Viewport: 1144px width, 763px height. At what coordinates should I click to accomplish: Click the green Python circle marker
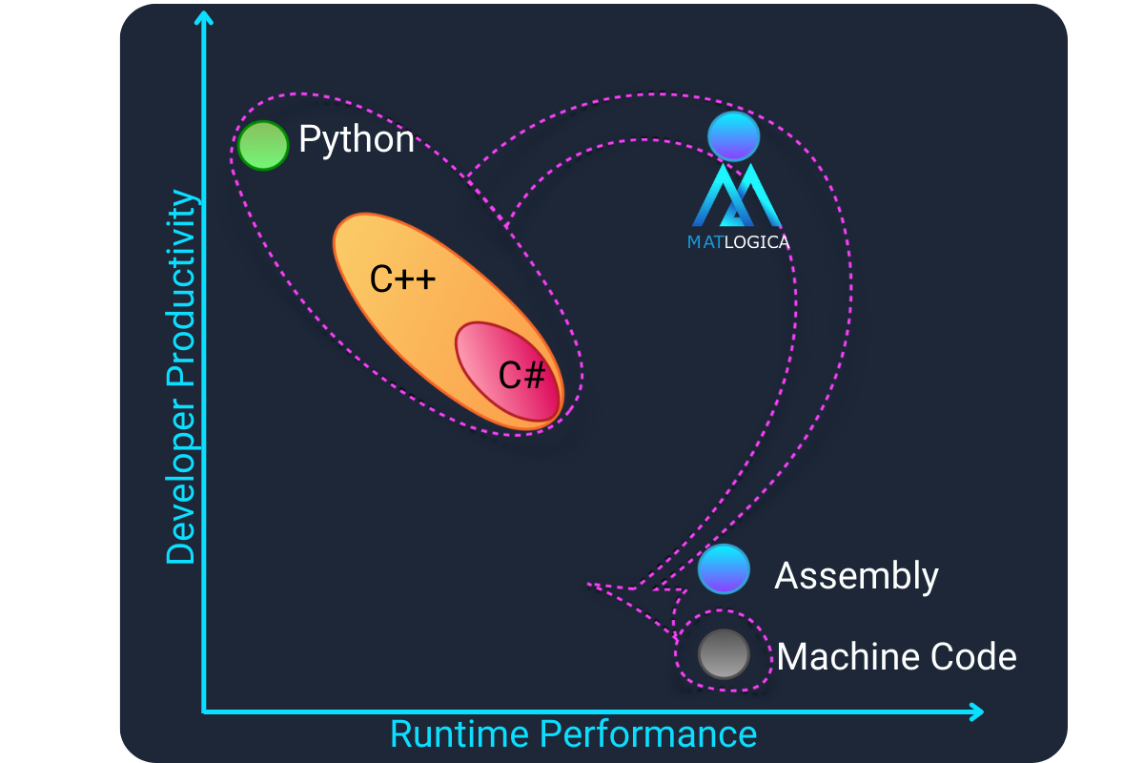point(263,146)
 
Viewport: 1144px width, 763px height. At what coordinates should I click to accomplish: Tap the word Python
point(357,140)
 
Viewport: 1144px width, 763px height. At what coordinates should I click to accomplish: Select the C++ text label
point(402,279)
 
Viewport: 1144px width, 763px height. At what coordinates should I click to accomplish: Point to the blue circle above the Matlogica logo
point(733,136)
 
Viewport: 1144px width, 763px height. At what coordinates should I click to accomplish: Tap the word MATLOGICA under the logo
point(738,242)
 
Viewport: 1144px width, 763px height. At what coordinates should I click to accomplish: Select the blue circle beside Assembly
point(724,568)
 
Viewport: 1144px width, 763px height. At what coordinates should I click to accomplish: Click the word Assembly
point(856,576)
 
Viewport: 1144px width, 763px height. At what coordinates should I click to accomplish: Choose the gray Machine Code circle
point(723,654)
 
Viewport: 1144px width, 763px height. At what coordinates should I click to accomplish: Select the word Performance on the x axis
point(647,734)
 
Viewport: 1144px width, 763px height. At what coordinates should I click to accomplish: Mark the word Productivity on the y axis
point(180,286)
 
